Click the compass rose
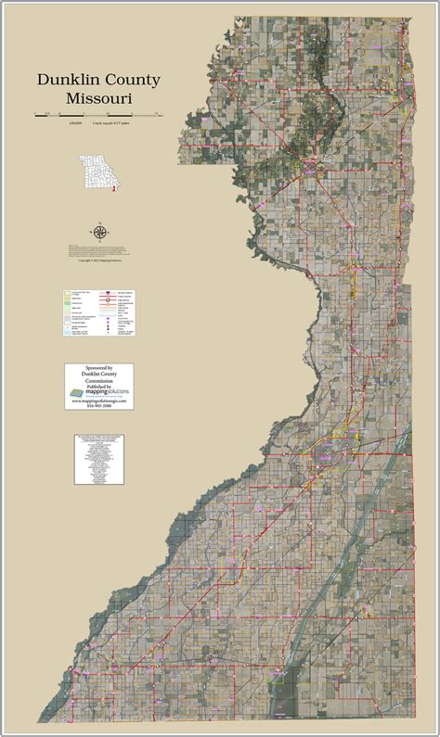[98, 231]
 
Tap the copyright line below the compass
[98, 263]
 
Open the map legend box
[98, 316]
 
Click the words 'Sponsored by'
[98, 368]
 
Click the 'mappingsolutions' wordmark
[109, 393]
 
